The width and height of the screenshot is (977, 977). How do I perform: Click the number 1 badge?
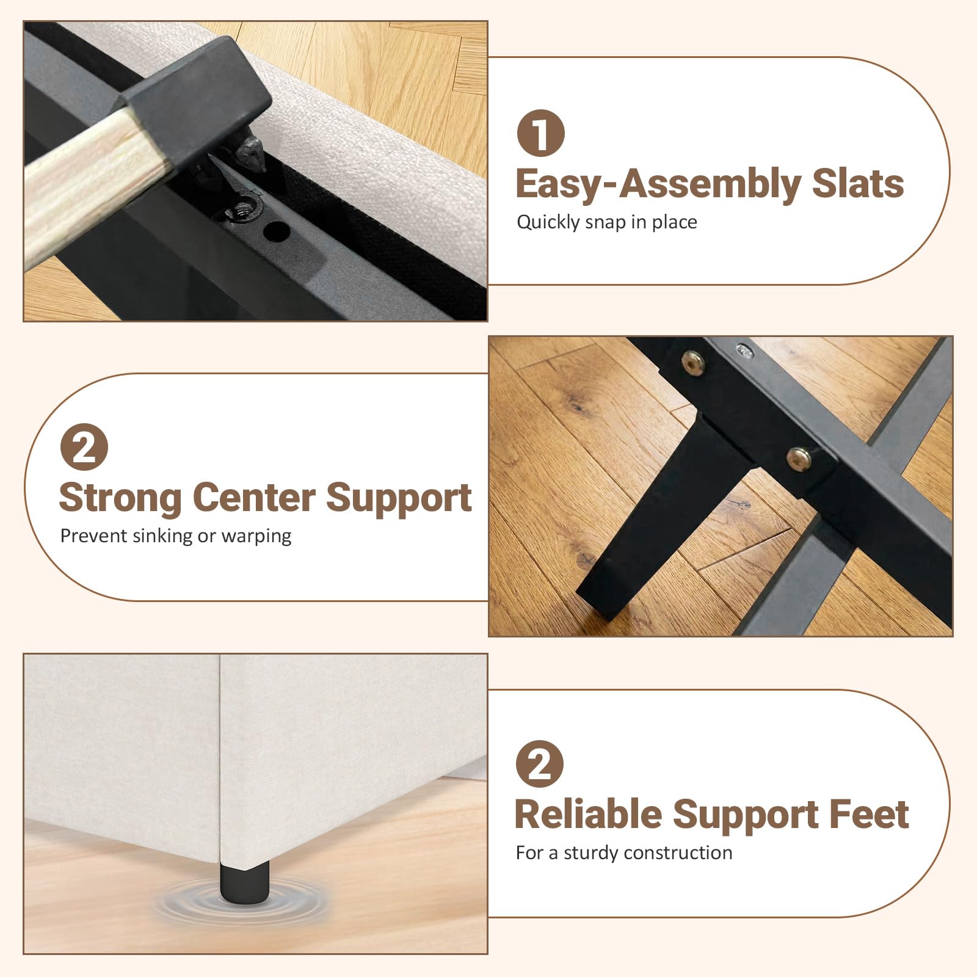pos(541,133)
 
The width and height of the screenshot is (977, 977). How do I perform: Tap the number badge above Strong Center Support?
pos(84,447)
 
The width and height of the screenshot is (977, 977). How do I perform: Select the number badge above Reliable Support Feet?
pos(540,763)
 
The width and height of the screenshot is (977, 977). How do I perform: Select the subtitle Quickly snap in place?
pos(607,222)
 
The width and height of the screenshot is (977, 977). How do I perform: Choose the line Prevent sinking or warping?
pos(176,536)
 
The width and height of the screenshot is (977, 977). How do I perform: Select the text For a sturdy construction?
pos(624,852)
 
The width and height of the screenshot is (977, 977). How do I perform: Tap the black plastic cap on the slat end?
pos(195,101)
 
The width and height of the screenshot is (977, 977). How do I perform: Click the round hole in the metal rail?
pos(277,231)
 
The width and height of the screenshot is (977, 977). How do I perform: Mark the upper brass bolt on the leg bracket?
pos(692,363)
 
